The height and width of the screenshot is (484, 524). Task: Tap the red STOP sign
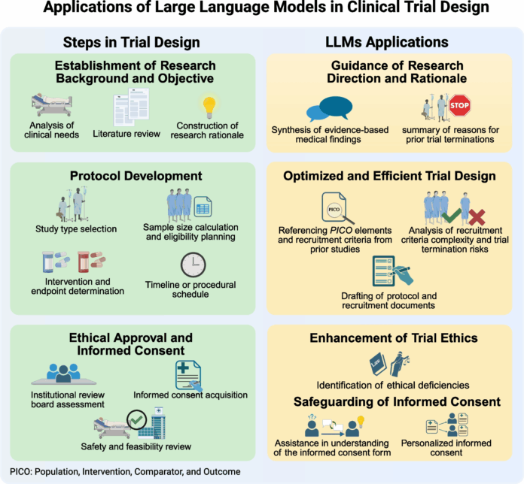[460, 107]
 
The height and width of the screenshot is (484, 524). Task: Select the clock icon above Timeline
[193, 265]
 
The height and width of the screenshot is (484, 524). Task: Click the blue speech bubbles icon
[329, 110]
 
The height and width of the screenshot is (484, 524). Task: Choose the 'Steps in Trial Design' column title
[131, 41]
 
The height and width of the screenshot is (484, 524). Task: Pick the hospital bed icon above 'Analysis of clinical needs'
[52, 105]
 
